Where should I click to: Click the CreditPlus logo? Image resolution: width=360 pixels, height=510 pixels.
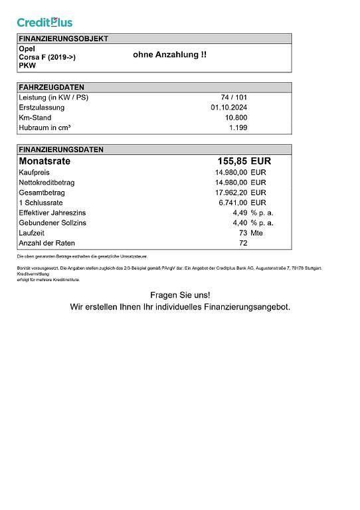[x=45, y=22]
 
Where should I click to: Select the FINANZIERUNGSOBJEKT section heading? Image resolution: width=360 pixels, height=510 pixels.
[x=63, y=39]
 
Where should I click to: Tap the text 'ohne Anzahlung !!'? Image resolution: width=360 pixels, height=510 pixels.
[x=169, y=55]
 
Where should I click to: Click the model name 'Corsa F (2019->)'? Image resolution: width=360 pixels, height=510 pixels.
[x=47, y=58]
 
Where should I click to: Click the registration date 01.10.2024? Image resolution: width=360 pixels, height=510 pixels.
[x=229, y=108]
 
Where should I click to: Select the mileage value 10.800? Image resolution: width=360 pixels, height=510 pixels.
[x=236, y=118]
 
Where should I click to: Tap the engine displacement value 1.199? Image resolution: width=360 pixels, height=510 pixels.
[x=238, y=127]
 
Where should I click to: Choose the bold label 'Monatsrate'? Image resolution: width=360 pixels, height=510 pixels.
[x=45, y=161]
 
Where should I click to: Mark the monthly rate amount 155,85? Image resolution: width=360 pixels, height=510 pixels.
[x=232, y=161]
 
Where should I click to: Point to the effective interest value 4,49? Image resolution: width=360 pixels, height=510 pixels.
[x=240, y=212]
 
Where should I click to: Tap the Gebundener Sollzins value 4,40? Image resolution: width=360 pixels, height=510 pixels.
[x=240, y=223]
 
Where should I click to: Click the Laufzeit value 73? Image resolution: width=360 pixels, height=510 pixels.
[x=242, y=233]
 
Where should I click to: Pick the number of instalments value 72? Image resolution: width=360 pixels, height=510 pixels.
[x=242, y=243]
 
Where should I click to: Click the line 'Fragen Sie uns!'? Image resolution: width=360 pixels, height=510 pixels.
[x=179, y=294]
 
